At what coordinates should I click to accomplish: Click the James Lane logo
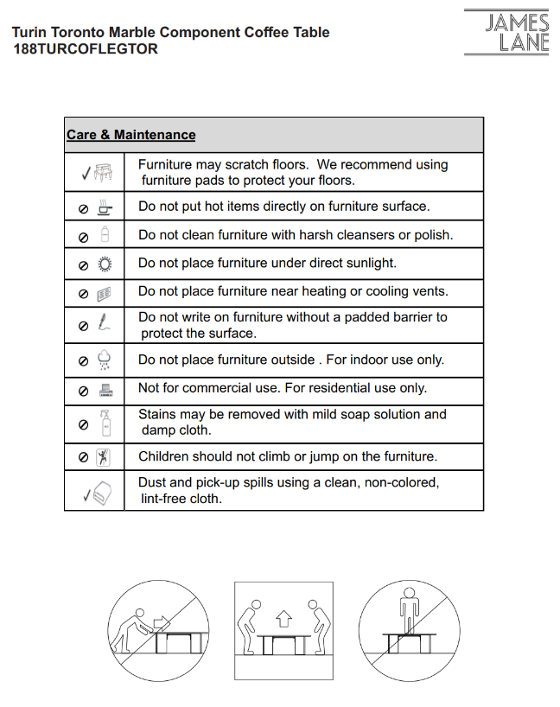click(518, 33)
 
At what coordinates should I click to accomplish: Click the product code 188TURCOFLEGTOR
click(86, 49)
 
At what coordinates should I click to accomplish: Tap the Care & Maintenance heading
click(131, 135)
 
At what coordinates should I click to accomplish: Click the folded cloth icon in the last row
click(103, 493)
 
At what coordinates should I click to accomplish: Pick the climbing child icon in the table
click(105, 456)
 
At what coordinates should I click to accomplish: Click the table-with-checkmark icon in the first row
click(104, 172)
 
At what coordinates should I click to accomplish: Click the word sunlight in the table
click(369, 263)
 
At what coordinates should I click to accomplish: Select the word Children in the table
click(163, 455)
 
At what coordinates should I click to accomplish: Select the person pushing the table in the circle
click(131, 627)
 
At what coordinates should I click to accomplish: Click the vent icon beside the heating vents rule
click(105, 293)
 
